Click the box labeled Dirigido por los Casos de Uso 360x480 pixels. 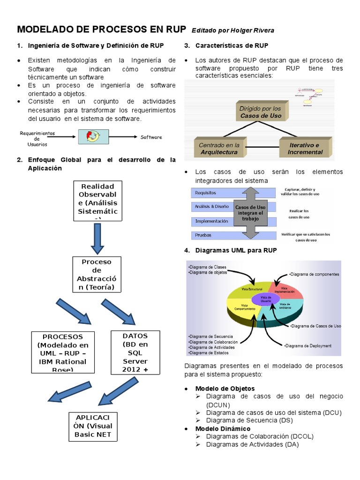tap(261, 112)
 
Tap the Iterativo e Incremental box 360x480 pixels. tap(305, 148)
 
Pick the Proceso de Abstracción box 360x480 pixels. tap(97, 275)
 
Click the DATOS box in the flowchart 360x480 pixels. tap(135, 352)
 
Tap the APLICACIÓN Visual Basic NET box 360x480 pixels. tap(93, 426)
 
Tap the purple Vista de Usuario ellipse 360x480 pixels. tap(265, 299)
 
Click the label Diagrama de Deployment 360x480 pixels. tap(307, 346)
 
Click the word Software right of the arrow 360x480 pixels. tap(151, 137)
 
